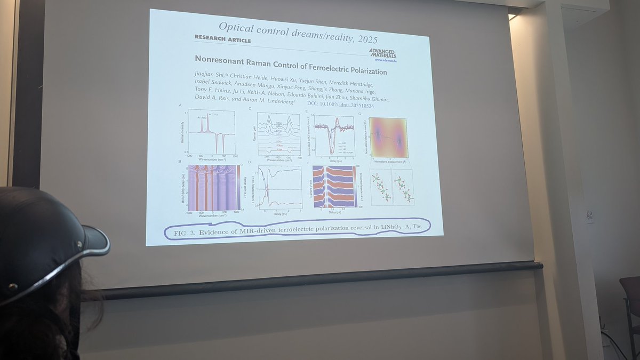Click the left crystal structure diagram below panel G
380,187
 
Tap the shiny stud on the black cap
79,244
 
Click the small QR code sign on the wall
589,215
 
